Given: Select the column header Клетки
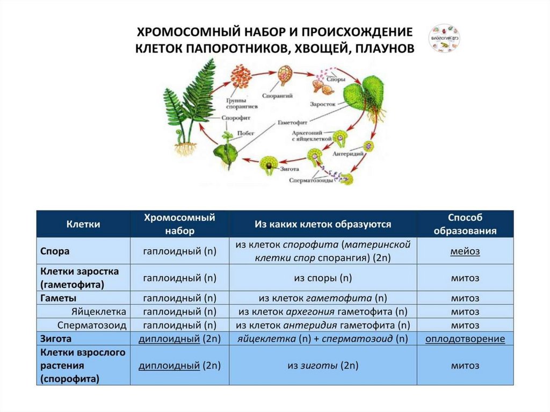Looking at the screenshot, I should point(83,223).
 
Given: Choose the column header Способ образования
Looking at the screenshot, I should point(465,223).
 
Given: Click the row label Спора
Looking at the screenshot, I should point(55,251).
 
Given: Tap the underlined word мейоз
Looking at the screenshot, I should point(465,251).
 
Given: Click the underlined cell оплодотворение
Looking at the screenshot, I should point(465,339).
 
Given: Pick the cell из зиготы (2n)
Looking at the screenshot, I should point(323,365).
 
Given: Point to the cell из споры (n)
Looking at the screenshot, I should point(323,278).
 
